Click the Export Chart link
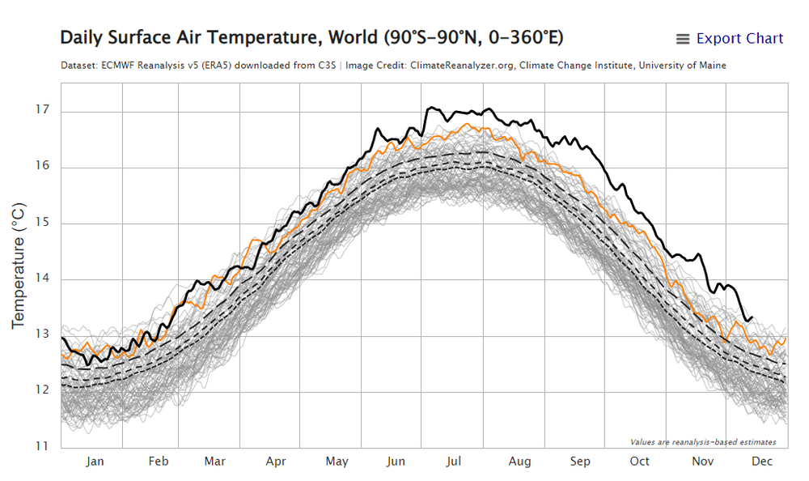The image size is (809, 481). click(x=739, y=39)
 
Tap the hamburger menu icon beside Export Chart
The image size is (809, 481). click(x=683, y=39)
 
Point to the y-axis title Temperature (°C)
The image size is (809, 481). click(x=19, y=266)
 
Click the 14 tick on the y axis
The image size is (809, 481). click(x=43, y=279)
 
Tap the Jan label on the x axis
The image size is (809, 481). click(x=95, y=462)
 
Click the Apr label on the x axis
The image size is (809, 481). click(x=276, y=462)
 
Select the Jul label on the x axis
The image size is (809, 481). click(x=454, y=462)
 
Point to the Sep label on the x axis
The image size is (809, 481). click(x=579, y=462)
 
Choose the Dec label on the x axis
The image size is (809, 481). click(x=761, y=462)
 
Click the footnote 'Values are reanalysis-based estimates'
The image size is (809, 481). click(x=703, y=442)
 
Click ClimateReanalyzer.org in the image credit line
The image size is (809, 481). click(x=459, y=66)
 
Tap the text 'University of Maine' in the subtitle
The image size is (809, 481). click(x=682, y=66)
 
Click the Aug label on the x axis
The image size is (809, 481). click(x=520, y=462)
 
